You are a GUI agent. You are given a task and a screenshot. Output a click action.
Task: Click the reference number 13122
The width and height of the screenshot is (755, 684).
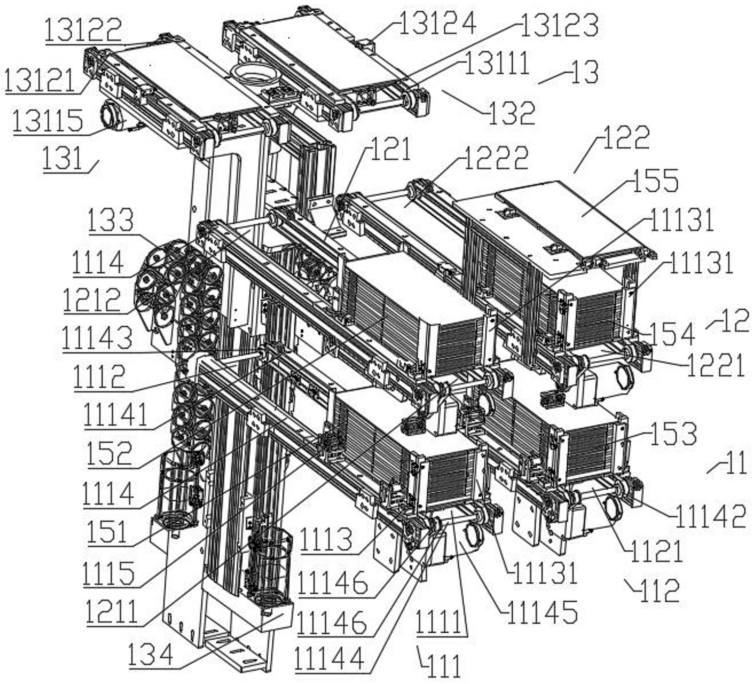point(83,30)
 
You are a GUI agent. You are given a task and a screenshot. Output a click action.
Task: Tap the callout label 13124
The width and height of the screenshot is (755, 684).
point(437,24)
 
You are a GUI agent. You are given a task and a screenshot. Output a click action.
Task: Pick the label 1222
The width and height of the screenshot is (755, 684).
point(496,158)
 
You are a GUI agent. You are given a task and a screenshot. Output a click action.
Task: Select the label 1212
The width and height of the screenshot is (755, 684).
point(92,300)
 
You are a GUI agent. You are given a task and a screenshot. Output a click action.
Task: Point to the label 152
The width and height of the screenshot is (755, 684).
point(110,453)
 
